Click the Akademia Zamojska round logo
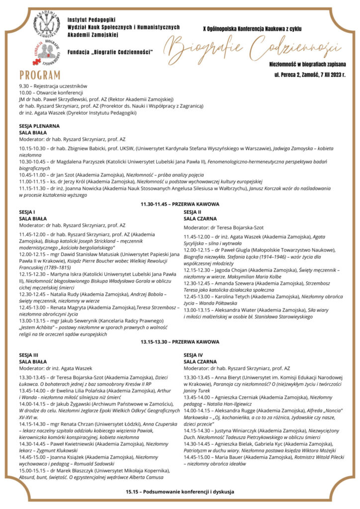(48, 23)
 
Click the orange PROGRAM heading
(40, 75)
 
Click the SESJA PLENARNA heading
(39, 126)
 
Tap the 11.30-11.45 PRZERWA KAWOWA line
(180, 204)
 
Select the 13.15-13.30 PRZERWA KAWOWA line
(180, 342)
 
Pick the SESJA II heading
(193, 212)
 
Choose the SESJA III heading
(28, 355)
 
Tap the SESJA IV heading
(193, 355)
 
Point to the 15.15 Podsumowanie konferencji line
(180, 492)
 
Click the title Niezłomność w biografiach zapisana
(307, 64)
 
